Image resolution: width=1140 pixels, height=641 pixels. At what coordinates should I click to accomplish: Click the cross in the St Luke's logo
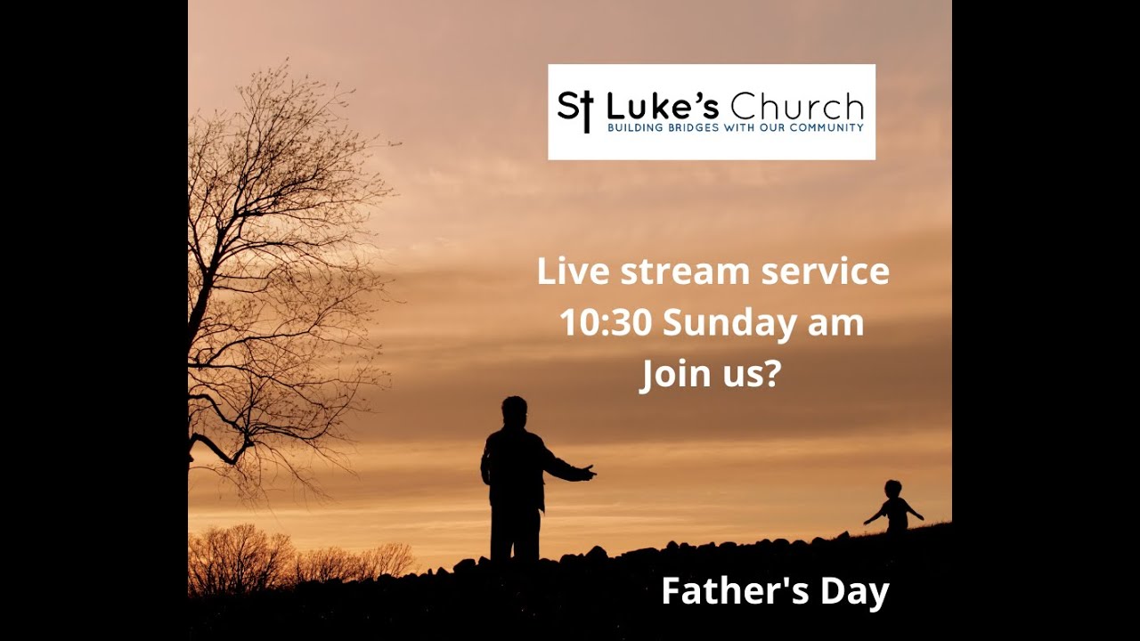tap(586, 111)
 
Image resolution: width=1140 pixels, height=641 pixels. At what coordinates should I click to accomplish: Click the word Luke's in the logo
tap(663, 108)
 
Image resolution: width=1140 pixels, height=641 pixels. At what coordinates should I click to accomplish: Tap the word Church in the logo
tap(797, 108)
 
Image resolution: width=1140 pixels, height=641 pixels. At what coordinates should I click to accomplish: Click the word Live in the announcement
tap(572, 272)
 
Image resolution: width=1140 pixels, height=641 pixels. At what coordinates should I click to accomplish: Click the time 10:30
tap(606, 322)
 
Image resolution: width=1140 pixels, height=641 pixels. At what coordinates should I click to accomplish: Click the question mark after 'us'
tap(770, 375)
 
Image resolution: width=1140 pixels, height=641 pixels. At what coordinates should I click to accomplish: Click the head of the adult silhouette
tap(514, 411)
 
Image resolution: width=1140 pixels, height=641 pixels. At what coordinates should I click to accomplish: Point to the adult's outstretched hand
tap(588, 472)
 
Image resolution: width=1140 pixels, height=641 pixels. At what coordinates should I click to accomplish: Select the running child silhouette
tap(894, 509)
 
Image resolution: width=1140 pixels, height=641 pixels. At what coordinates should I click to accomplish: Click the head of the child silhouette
tap(893, 489)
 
